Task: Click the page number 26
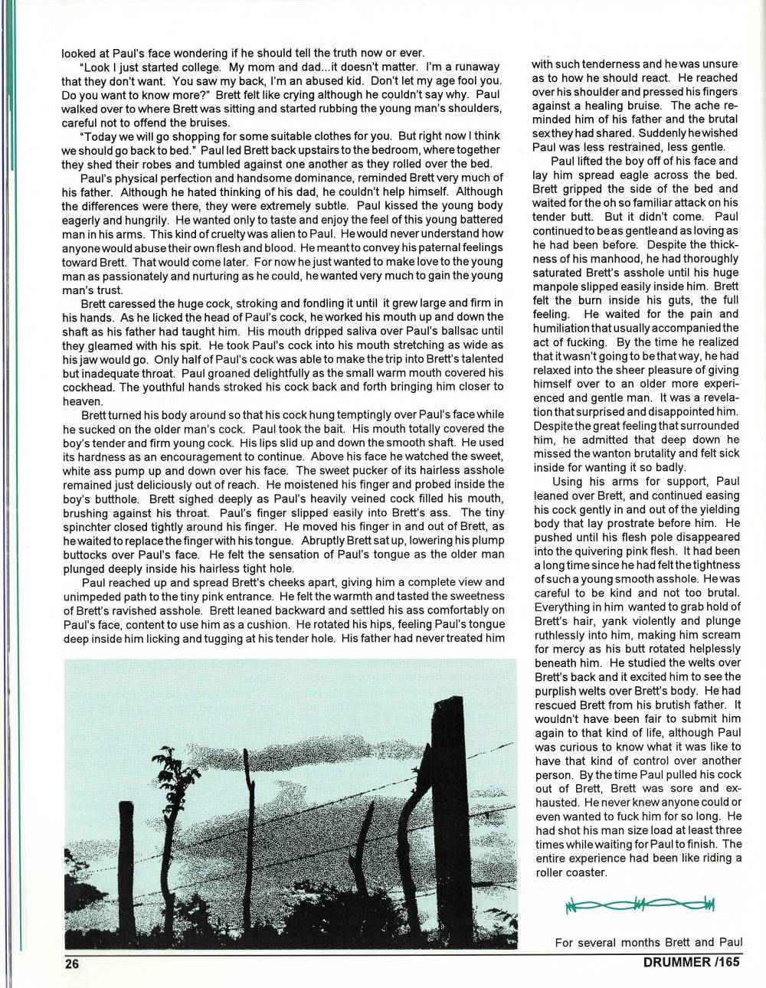coord(73,964)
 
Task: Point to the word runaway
coord(473,67)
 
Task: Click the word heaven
coord(82,401)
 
